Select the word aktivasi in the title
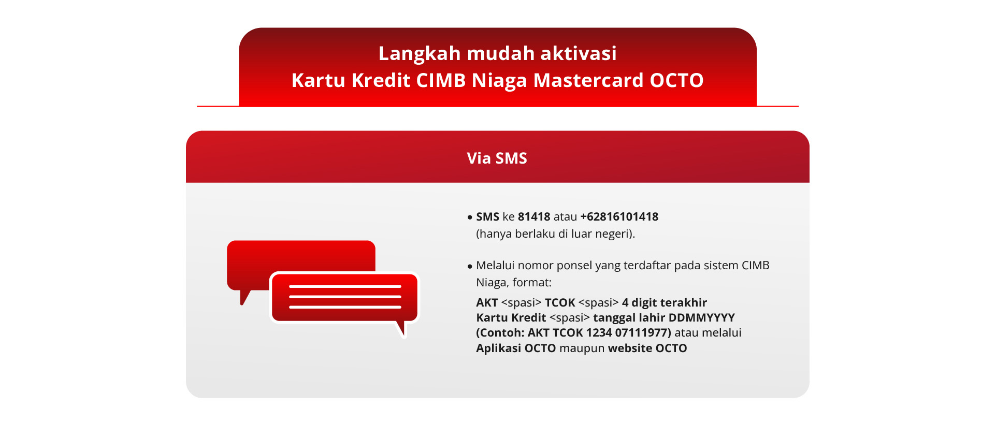coord(579,53)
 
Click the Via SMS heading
coord(497,158)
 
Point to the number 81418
coord(534,216)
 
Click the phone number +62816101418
coord(619,216)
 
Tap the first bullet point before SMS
coord(470,217)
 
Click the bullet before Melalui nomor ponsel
coord(470,266)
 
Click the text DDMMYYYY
coord(702,317)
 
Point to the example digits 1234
coord(599,332)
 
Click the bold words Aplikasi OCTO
coord(516,348)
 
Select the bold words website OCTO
coord(647,348)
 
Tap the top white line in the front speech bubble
coord(345,286)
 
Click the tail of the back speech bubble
coord(244,297)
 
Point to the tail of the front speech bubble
coord(401,329)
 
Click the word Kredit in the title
coord(381,80)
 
